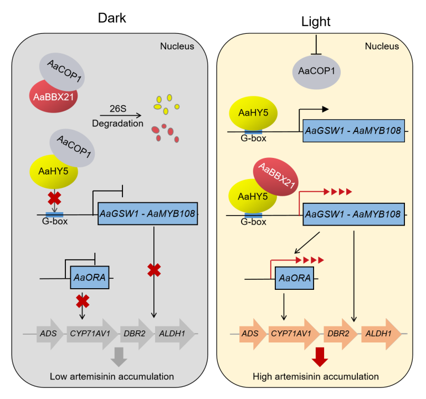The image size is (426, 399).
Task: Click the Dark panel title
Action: pos(112,18)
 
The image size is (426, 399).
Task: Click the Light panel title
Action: pos(316,22)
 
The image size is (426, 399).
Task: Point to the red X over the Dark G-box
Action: pos(54,198)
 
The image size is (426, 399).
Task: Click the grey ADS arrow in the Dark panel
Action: pos(45,334)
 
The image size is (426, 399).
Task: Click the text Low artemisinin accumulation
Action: pos(112,377)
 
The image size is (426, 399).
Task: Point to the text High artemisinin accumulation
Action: pos(316,377)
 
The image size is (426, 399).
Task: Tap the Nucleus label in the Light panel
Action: pos(381,47)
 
